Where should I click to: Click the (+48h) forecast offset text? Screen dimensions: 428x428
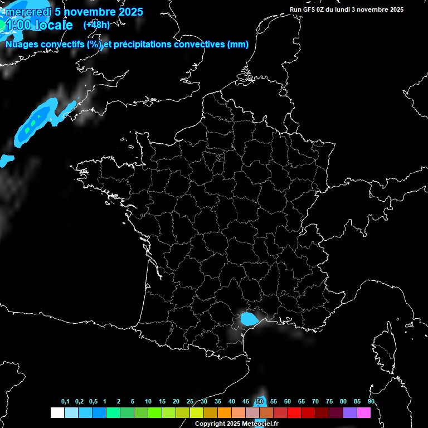pos(96,25)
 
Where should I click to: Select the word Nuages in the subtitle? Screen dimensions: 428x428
pos(22,45)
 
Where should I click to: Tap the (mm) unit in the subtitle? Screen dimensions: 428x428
pos(238,45)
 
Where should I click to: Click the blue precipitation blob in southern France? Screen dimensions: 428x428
pos(249,319)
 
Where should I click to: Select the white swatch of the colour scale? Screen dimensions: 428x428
pos(57,413)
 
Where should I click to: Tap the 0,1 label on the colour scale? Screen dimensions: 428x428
pos(65,402)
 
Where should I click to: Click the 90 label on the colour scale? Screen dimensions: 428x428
pos(371,402)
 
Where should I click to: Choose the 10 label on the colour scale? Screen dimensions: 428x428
pos(148,402)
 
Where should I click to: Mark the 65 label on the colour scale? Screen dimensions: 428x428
pos(301,402)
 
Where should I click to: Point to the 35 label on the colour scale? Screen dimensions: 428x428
pos(218,402)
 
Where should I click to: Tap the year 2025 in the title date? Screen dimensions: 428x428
pos(128,12)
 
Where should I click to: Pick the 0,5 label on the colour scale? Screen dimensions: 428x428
pos(93,402)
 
